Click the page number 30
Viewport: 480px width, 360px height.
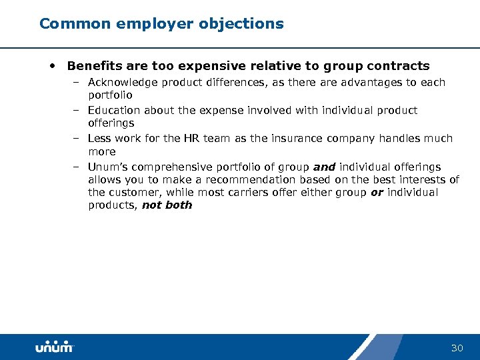[x=457, y=348]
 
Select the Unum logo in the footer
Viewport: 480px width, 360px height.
[x=54, y=347]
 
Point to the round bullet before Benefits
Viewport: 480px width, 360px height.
[x=53, y=65]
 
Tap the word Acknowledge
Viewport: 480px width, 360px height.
[x=122, y=83]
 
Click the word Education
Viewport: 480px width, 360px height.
[x=113, y=111]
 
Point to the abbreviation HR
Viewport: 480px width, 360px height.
[x=192, y=139]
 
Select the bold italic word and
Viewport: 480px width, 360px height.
[x=324, y=167]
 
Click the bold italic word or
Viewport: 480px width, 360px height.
[x=377, y=193]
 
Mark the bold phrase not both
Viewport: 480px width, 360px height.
[x=167, y=205]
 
